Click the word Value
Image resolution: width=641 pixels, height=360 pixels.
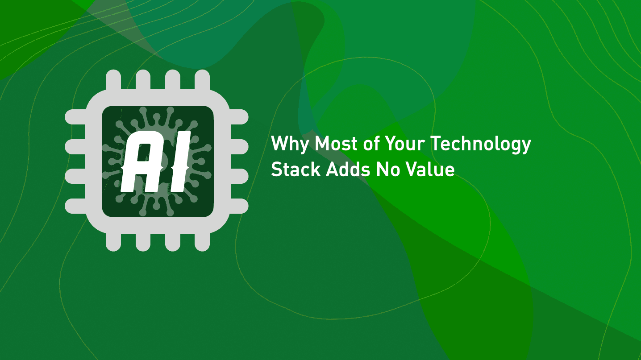431,170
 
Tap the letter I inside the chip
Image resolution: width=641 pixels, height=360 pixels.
178,161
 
